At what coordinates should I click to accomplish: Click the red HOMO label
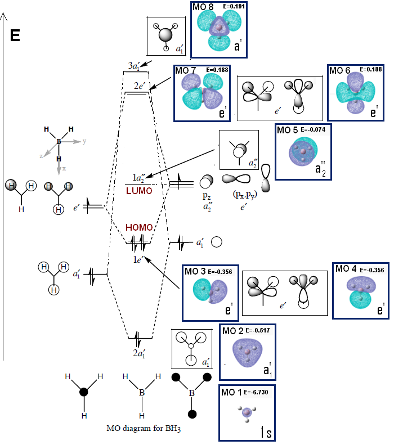point(139,228)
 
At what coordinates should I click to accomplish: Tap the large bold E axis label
point(15,37)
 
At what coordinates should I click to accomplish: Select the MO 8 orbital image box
point(220,30)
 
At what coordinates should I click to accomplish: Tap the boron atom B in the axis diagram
point(58,143)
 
